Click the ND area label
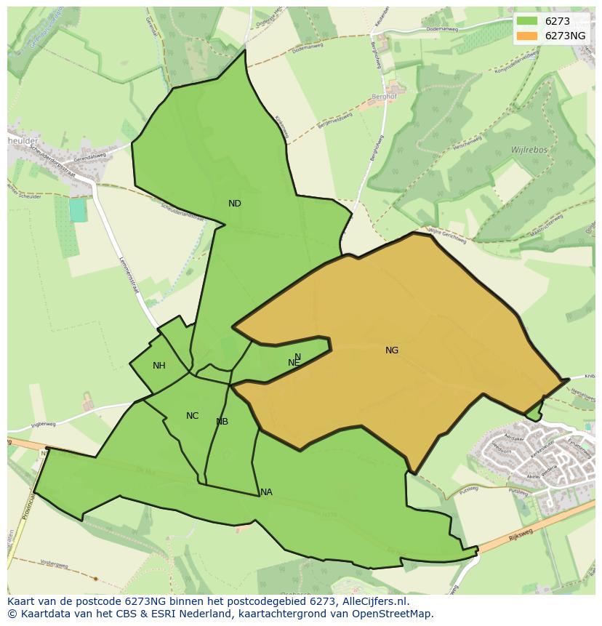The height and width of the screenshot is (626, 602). tap(234, 204)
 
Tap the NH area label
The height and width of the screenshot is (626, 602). tap(158, 366)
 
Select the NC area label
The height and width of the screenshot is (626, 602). tap(192, 416)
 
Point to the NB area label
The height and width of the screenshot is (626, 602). tap(222, 422)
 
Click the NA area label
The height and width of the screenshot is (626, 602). tap(266, 492)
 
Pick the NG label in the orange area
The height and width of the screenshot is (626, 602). tap(392, 350)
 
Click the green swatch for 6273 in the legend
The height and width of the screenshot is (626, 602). tap(527, 21)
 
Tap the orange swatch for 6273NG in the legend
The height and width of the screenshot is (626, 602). tap(527, 36)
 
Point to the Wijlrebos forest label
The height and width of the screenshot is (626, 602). tap(529, 149)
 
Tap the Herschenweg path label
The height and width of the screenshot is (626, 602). tap(468, 146)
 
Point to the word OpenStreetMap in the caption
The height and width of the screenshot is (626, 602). tap(392, 614)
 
